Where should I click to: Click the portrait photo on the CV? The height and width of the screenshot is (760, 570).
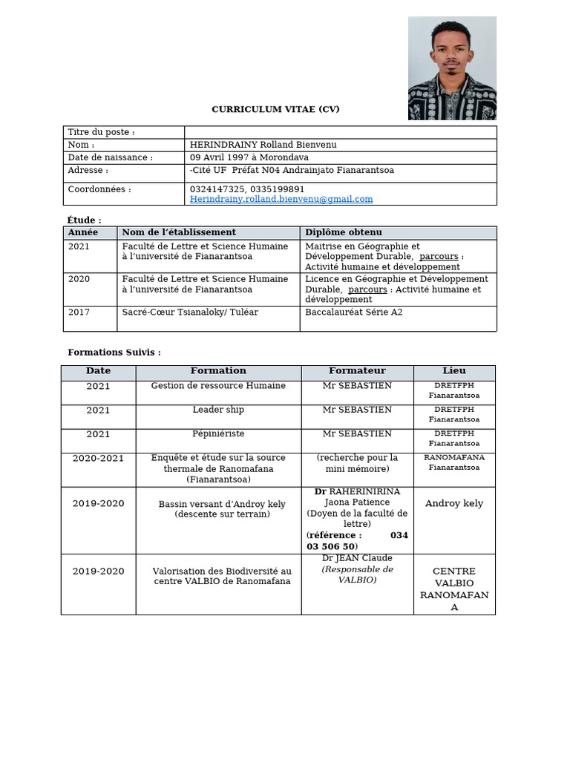pos(452,68)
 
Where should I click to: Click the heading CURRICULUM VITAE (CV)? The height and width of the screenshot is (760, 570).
pos(275,110)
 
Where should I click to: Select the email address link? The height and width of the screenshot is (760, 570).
pos(281,199)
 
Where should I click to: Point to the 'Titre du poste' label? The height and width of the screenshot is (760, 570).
pos(101,132)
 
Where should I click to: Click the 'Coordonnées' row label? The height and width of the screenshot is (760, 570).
pos(99,189)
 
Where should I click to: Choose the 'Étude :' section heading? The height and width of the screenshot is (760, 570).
pos(84,220)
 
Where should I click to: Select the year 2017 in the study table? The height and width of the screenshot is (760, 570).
pos(79,312)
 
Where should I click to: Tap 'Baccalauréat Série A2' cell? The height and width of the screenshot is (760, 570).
pos(353,312)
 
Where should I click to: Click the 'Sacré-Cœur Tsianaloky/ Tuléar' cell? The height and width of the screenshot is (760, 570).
pos(190,312)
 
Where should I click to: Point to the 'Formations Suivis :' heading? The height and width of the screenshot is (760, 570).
pos(114,353)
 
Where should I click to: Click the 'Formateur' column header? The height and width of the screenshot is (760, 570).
pos(357,371)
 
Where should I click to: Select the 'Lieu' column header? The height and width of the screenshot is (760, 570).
pos(454,371)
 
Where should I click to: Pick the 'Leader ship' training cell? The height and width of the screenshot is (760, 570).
pos(218,410)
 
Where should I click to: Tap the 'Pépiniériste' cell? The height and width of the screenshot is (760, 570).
pos(218,433)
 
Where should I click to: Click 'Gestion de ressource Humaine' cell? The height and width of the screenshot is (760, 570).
pos(218,386)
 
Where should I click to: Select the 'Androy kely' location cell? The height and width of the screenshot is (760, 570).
pos(454,503)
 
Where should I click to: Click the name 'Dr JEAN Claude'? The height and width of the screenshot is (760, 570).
pos(357,558)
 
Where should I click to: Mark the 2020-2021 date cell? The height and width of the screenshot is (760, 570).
pos(98,458)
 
